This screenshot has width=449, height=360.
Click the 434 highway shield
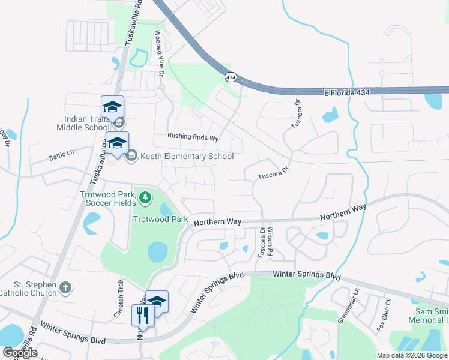pos(231,77)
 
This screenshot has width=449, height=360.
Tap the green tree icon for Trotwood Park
pos(145,197)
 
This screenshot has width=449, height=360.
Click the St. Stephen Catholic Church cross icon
pos(65,289)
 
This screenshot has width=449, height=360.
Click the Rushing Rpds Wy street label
pos(193,136)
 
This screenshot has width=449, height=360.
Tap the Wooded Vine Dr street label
pos(160,53)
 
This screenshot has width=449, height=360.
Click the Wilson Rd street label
pos(270,241)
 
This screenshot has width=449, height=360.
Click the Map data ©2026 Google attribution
pos(412,355)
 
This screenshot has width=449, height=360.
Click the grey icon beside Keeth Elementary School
pos(131,156)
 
